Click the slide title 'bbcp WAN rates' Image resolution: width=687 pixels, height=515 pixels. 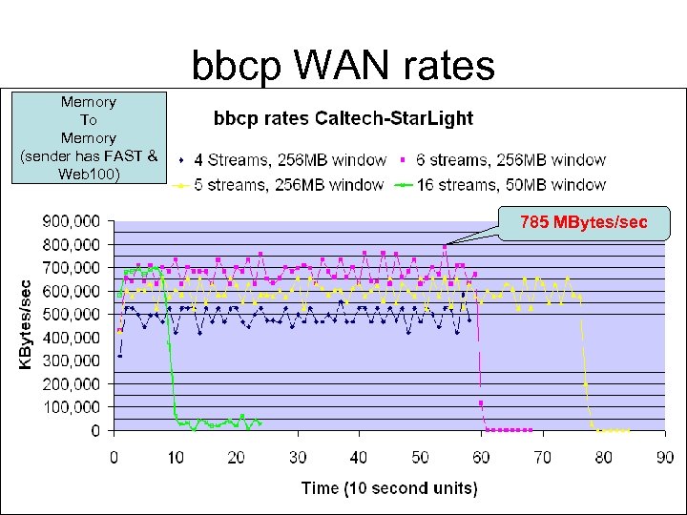(343, 66)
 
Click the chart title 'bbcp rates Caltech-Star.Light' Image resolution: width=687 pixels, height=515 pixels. (343, 119)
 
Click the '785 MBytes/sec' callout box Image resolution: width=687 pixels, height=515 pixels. (583, 223)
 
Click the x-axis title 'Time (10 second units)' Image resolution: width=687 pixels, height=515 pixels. (389, 488)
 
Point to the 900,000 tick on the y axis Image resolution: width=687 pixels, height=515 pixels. (73, 221)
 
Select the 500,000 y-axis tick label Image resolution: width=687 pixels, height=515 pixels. (73, 314)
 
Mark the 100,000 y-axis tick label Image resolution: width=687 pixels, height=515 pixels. (73, 407)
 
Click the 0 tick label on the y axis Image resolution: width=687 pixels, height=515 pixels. (97, 431)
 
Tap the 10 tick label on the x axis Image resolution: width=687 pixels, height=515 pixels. (175, 457)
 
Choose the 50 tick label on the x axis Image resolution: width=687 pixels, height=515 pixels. (420, 457)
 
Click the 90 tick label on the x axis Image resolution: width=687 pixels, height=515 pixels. (665, 457)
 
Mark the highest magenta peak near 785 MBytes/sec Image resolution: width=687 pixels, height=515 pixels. (445, 247)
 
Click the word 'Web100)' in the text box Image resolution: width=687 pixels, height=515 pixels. (88, 174)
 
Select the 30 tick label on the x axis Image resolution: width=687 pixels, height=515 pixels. (298, 457)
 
